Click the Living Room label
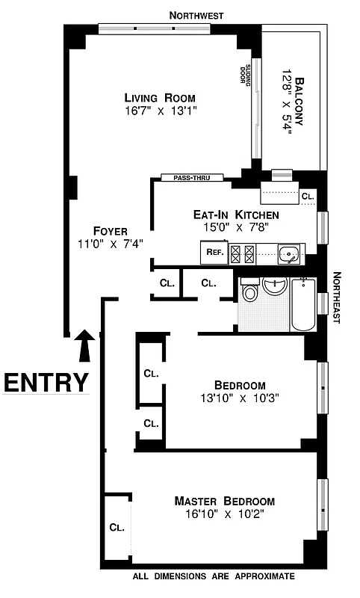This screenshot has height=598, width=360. coord(160,97)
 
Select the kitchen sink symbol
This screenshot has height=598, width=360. coord(288,254)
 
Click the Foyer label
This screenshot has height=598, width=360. coord(110,230)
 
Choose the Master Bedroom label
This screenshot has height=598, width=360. coord(224,501)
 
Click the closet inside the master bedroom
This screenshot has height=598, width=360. coord(117,527)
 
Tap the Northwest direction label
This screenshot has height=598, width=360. coord(196,15)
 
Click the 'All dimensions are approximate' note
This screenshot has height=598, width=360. coord(214,576)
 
